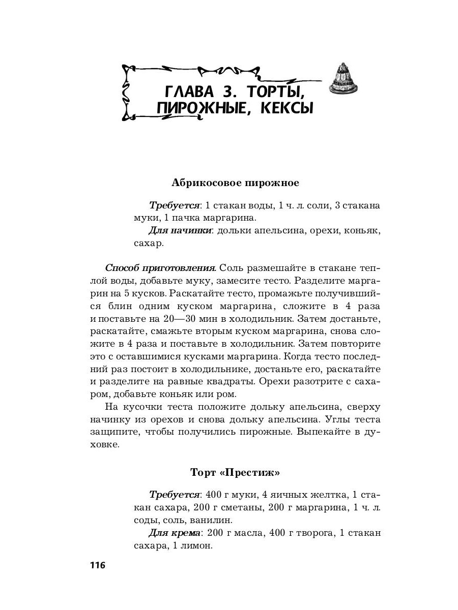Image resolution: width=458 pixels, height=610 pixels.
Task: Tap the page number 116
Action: click(97, 565)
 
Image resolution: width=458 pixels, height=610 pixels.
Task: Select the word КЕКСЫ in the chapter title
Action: click(287, 108)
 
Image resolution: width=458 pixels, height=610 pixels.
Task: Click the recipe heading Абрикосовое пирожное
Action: click(235, 182)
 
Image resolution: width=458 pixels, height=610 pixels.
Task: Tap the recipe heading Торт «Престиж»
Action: click(235, 472)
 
